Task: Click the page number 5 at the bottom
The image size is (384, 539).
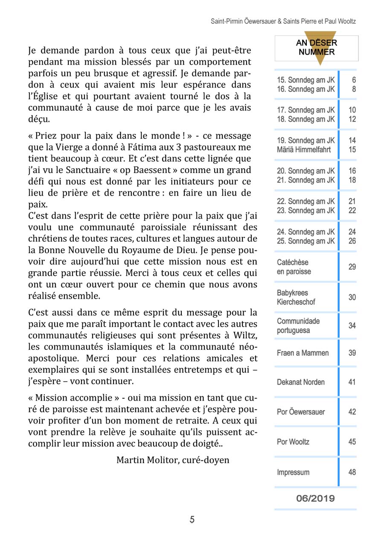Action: tap(192, 519)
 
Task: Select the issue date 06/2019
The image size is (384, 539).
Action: tap(316, 499)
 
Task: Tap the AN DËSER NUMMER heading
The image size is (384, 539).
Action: tap(316, 48)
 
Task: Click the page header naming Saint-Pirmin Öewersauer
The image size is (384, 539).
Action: tap(283, 21)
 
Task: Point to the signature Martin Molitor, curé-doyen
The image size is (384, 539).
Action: tap(173, 460)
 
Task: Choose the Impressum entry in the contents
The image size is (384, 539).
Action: tap(293, 472)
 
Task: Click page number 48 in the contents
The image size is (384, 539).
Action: tap(352, 472)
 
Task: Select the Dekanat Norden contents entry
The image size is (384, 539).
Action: tap(300, 382)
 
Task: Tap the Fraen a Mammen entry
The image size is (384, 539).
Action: tap(303, 353)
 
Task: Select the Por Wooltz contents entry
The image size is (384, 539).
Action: tap(293, 442)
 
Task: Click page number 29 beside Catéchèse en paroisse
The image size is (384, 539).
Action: tap(352, 267)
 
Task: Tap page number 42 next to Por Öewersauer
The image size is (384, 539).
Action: tap(352, 412)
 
